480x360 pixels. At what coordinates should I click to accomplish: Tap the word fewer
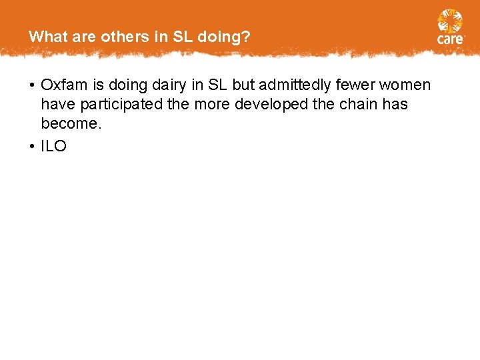(355, 85)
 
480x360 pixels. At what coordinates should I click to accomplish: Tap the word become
(68, 124)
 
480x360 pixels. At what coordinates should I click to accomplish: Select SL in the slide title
(181, 37)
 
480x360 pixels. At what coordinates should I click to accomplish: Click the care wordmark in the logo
(450, 39)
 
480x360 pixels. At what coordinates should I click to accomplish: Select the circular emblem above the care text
(450, 21)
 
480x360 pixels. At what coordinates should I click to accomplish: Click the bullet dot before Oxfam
(32, 86)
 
